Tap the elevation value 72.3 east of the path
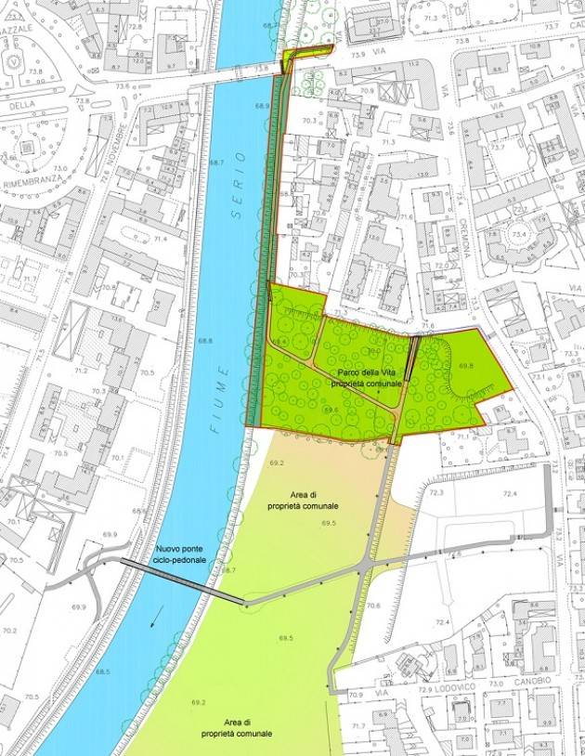pyautogui.click(x=436, y=492)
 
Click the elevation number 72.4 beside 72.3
pyautogui.click(x=510, y=492)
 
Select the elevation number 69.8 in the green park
pyautogui.click(x=465, y=366)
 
